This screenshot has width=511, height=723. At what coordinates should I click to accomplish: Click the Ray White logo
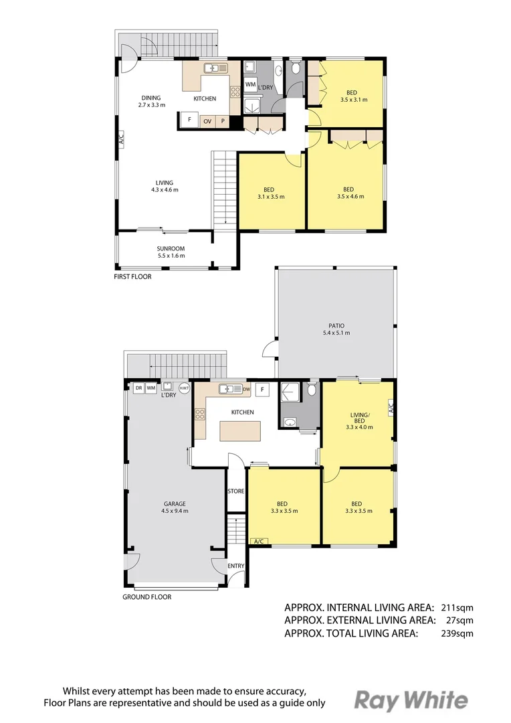pyautogui.click(x=411, y=700)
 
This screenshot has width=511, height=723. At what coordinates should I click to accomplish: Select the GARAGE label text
pyautogui.click(x=175, y=503)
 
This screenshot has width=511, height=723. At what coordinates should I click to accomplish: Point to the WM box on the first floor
pyautogui.click(x=249, y=84)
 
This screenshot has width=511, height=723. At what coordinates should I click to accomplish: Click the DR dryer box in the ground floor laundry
pyautogui.click(x=138, y=387)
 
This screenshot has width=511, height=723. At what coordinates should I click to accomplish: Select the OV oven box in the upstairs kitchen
pyautogui.click(x=207, y=120)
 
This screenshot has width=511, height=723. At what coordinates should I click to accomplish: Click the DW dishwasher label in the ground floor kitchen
pyautogui.click(x=246, y=388)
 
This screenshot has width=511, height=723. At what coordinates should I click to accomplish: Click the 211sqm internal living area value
pyautogui.click(x=457, y=608)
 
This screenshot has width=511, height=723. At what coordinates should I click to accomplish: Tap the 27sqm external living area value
pyautogui.click(x=459, y=621)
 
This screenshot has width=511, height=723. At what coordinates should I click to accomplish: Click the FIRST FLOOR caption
pyautogui.click(x=132, y=276)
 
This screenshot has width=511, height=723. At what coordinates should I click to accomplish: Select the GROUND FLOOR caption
pyautogui.click(x=147, y=596)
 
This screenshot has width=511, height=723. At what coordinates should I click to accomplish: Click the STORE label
pyautogui.click(x=236, y=491)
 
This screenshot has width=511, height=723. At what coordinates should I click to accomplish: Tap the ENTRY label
pyautogui.click(x=236, y=566)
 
